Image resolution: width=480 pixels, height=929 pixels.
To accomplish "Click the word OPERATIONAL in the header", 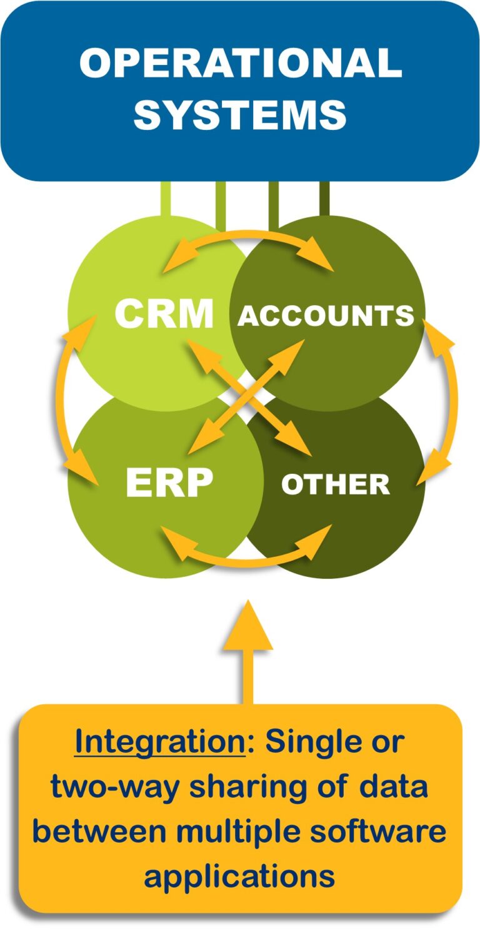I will click(x=241, y=64).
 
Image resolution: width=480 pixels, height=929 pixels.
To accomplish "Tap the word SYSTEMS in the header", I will click(x=241, y=115).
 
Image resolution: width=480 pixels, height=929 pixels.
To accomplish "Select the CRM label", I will click(x=164, y=314).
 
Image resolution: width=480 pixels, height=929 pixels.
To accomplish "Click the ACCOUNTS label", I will click(x=326, y=316).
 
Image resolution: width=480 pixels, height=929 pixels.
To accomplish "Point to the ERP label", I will click(x=169, y=483).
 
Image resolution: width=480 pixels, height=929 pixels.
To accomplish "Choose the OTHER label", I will click(x=336, y=484).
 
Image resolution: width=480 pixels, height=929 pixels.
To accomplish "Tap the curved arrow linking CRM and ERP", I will click(x=66, y=400).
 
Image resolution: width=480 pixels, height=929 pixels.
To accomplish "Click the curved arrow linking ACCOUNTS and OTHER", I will click(x=451, y=400).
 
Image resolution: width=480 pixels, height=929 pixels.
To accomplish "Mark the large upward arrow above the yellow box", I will click(x=248, y=649).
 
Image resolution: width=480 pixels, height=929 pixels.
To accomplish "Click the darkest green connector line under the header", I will click(x=324, y=199).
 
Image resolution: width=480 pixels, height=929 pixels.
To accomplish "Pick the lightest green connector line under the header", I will click(x=166, y=199).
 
